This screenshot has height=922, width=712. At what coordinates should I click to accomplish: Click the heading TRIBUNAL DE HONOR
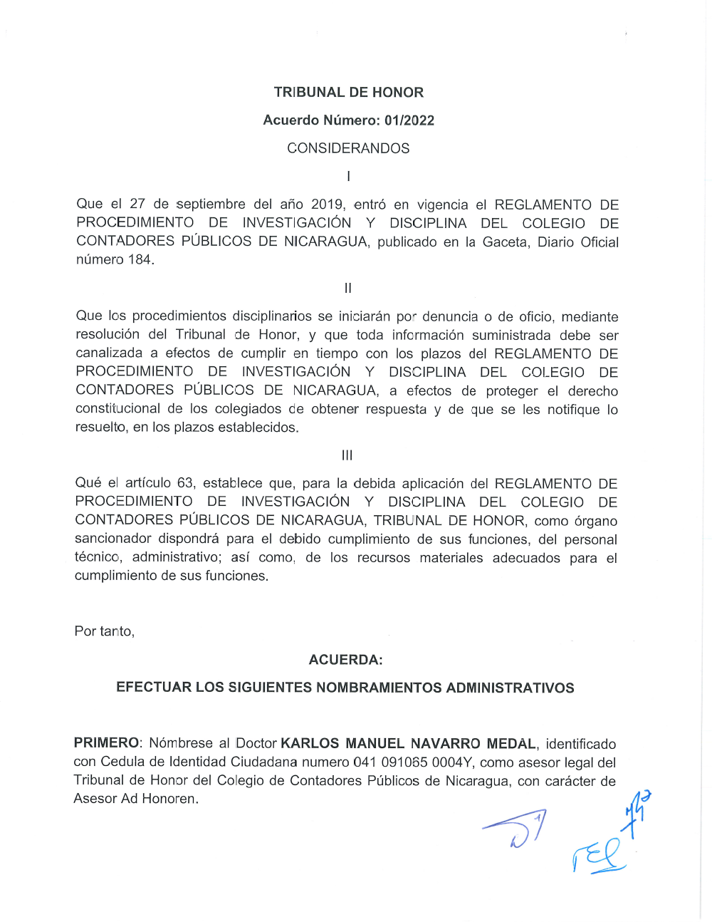coord(348,93)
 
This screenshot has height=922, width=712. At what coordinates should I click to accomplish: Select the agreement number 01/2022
coord(409,120)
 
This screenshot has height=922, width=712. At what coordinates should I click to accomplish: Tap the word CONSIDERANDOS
coord(348,148)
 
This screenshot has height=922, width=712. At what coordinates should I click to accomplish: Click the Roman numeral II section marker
coord(347,288)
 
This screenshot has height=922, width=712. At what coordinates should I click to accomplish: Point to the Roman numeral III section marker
coord(347,455)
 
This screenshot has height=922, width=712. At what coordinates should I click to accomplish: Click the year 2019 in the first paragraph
coord(326,204)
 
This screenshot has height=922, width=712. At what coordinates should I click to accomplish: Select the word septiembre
coord(211,204)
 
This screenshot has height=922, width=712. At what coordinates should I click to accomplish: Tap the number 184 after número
coord(140,259)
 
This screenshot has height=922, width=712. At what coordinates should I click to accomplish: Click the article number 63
coord(185,483)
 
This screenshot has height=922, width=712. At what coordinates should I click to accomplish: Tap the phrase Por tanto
coord(104,631)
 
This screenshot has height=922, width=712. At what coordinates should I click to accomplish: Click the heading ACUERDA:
coord(345,660)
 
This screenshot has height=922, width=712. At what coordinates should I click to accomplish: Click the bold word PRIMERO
coord(106,744)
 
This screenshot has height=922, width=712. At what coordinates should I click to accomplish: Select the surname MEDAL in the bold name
coord(512,744)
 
